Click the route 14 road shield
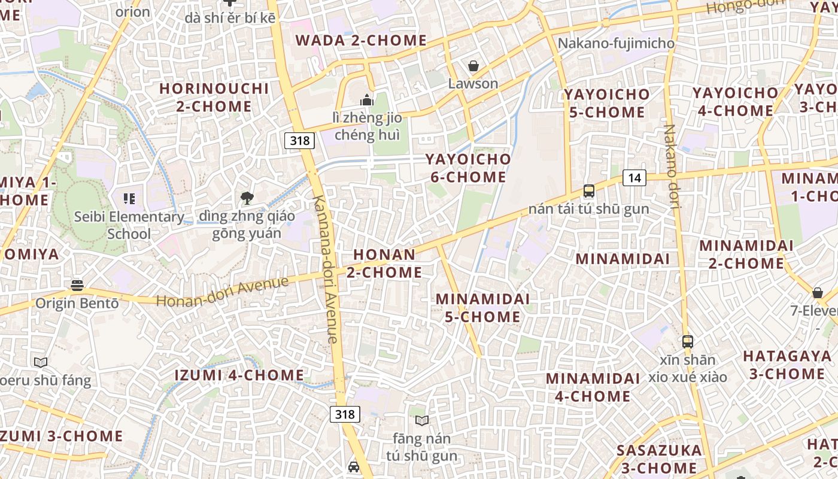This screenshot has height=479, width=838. (x=634, y=177)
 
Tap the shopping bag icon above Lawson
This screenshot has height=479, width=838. (x=473, y=65)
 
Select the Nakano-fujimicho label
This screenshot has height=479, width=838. (x=616, y=44)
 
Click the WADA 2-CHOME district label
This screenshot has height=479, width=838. (x=361, y=41)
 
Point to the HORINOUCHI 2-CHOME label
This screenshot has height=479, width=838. (x=214, y=98)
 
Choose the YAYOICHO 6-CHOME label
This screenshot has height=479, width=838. (x=468, y=168)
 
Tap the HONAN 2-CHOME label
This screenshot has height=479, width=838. (x=384, y=263)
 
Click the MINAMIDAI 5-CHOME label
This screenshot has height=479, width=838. (x=482, y=308)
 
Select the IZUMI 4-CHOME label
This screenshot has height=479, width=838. (x=239, y=375)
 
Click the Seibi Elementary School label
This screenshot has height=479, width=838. (x=129, y=225)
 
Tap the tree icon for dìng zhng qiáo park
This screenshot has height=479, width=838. (x=246, y=198)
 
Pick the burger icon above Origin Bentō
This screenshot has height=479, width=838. (x=77, y=285)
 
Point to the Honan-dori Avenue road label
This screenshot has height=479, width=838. (x=222, y=292)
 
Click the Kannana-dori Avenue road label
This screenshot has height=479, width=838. (x=326, y=269)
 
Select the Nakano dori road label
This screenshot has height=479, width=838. (x=672, y=166)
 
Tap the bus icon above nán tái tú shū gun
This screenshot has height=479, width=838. (x=589, y=191)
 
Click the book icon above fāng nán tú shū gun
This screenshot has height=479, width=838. (x=422, y=420)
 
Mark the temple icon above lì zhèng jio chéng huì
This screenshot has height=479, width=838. (x=367, y=99)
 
